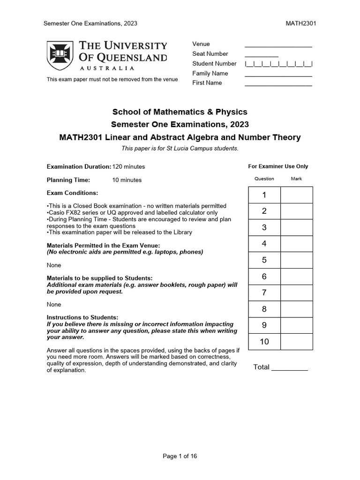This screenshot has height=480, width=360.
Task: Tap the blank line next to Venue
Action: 278,46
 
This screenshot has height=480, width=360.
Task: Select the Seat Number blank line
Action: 261,55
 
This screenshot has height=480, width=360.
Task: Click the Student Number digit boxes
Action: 278,64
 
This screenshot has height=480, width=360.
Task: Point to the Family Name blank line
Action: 278,75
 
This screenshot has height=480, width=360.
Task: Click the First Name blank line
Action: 278,85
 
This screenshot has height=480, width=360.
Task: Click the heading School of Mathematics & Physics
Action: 180,112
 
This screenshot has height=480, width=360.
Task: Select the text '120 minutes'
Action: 128,166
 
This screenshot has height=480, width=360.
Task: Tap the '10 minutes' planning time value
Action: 127,180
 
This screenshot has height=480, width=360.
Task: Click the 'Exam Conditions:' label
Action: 73,193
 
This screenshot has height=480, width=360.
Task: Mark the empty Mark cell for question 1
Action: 296,195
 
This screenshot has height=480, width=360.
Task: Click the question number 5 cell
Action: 264,260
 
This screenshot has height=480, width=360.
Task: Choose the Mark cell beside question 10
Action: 296,342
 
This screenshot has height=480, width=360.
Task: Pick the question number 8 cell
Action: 264,309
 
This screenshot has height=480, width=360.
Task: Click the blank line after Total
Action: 289,369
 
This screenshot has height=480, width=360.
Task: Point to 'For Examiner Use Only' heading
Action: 278,166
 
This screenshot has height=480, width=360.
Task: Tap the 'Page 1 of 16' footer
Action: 180,456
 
